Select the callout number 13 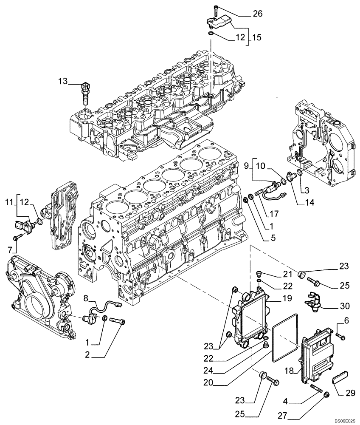tap(63, 81)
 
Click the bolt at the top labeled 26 tap(216, 9)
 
